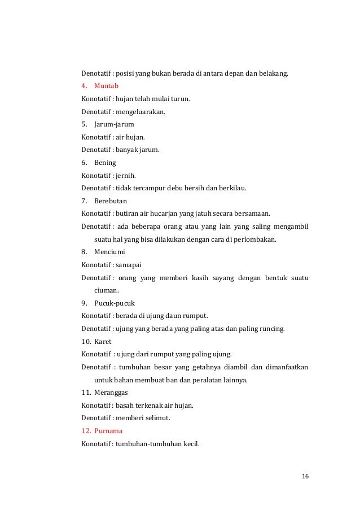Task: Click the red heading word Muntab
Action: [x=106, y=86]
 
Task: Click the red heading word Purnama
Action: [x=108, y=430]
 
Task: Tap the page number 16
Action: [x=305, y=476]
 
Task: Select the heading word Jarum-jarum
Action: [x=114, y=124]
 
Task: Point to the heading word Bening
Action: [x=105, y=162]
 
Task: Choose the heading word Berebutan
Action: [x=111, y=200]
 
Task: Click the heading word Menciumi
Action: [x=109, y=252]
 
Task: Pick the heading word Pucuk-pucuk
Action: [x=115, y=303]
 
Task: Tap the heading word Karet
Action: [x=103, y=341]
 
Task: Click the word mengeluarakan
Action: [x=141, y=112]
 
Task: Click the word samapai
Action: [x=129, y=264]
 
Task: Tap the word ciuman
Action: [x=106, y=290]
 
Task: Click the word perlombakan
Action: [x=257, y=239]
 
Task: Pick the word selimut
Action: [x=157, y=418]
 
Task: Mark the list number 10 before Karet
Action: [x=86, y=341]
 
